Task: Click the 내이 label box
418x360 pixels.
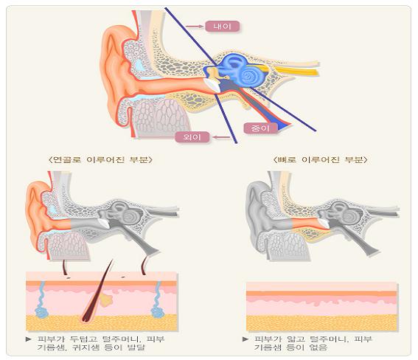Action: click(222, 27)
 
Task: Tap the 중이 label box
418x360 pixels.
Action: click(260, 128)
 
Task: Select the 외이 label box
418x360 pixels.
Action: click(192, 137)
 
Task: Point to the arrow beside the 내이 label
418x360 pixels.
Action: click(195, 27)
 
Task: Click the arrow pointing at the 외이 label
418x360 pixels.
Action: click(221, 137)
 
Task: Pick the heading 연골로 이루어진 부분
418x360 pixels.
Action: click(101, 160)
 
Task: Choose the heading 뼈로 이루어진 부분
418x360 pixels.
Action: click(321, 160)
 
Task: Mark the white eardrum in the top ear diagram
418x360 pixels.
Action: click(212, 85)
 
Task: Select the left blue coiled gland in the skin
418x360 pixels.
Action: click(41, 301)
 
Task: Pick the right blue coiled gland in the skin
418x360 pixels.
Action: click(157, 301)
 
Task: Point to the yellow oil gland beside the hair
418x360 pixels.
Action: click(107, 300)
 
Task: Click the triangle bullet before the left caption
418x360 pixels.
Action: click(29, 339)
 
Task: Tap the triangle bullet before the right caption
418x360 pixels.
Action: click(245, 339)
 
